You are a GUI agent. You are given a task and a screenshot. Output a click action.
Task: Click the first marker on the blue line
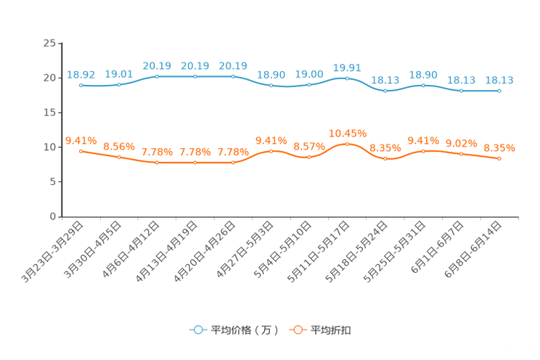point(81,85)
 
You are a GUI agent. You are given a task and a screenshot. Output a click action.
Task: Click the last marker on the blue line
point(499,91)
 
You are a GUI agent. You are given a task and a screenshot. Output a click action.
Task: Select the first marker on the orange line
point(81,151)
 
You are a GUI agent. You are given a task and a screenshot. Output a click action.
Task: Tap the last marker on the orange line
point(499,158)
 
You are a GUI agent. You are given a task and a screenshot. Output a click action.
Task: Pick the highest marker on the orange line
point(348,144)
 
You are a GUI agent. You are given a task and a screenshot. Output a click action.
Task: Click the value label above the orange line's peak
point(348,134)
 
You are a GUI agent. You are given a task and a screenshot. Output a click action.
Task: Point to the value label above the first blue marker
point(81,74)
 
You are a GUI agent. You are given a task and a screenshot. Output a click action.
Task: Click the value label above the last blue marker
point(499,81)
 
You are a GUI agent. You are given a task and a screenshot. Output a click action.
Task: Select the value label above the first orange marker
point(81,140)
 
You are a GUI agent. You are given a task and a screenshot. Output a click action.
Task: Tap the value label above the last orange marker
point(499,148)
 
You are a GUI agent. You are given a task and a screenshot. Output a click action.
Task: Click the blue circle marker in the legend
point(197,330)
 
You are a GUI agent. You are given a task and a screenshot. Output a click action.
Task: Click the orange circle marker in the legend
point(298,330)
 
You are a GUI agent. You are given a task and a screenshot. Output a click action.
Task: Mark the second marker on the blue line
point(119,84)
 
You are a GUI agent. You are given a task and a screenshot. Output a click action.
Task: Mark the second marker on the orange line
point(119,157)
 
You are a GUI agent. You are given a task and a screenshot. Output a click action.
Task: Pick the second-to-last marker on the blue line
point(462,91)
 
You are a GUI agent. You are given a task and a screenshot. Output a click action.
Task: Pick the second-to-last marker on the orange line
point(462,154)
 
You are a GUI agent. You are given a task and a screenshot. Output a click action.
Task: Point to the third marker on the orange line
point(157,163)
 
